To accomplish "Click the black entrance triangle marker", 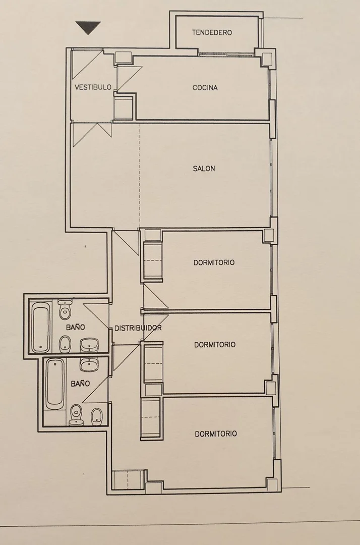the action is click(x=88, y=27).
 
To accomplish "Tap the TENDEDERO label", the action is click(x=212, y=32).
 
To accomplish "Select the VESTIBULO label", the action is click(x=93, y=87).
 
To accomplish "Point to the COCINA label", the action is click(x=205, y=88).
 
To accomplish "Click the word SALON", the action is click(x=204, y=169).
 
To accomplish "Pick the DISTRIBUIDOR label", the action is click(x=138, y=328).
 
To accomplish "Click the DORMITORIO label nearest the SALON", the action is click(x=214, y=262).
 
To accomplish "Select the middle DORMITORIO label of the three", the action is click(x=215, y=345).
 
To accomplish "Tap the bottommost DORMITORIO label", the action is click(x=216, y=434).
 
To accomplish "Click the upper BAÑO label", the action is click(x=75, y=326).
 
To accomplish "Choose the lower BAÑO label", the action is click(x=80, y=384).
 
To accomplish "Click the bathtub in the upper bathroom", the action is click(x=41, y=327).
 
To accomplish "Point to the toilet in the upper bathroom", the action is click(x=65, y=309).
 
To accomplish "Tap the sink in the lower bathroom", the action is click(x=90, y=364).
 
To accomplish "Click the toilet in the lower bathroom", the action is click(x=76, y=415).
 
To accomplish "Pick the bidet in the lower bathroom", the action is click(x=96, y=416).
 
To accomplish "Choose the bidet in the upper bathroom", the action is click(x=65, y=343).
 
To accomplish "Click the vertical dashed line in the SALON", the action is click(x=140, y=176).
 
